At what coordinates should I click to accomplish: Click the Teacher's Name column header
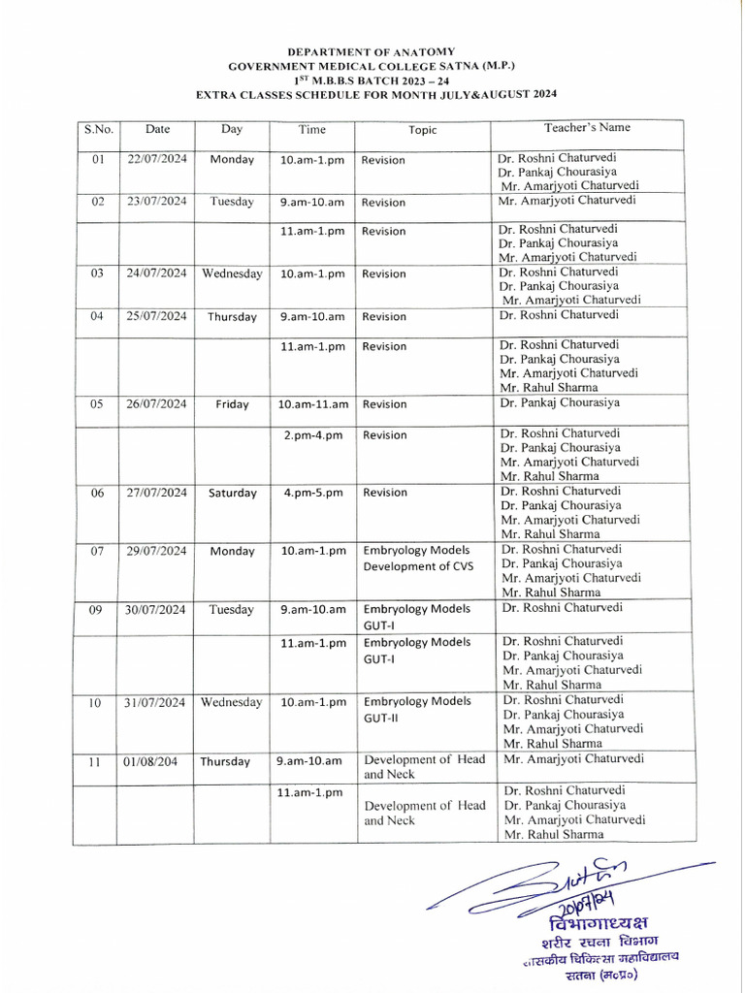tap(587, 127)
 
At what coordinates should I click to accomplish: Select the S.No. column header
tap(98, 128)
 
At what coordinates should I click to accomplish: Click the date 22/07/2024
tap(157, 159)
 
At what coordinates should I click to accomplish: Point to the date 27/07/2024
tap(157, 493)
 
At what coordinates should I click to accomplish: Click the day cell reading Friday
tap(232, 404)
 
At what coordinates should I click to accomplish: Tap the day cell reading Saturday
tap(233, 493)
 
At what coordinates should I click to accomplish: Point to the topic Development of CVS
tap(418, 566)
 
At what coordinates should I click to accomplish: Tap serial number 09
tap(97, 609)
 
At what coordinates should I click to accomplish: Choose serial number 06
tap(97, 493)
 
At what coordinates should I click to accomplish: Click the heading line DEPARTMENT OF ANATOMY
tap(371, 50)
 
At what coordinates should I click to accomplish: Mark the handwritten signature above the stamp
tap(572, 882)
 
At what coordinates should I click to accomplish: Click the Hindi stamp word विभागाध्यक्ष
tap(598, 922)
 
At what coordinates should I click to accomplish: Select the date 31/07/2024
tap(157, 701)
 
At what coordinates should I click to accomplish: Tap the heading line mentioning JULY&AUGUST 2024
tap(376, 94)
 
